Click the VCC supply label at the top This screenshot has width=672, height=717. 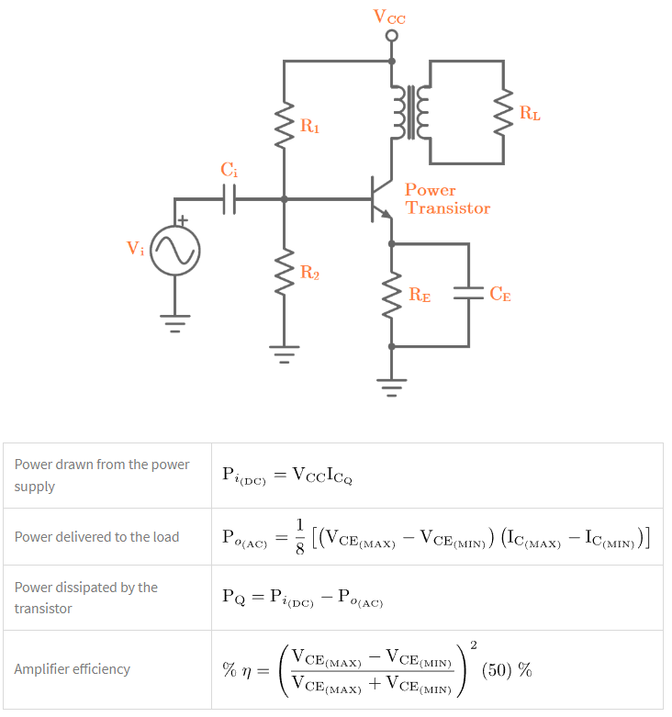point(389,17)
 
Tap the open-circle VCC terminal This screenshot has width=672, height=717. point(392,36)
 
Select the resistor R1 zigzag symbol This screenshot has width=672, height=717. point(285,125)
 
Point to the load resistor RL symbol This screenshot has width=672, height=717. point(503,112)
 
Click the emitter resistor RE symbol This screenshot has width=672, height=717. point(393,295)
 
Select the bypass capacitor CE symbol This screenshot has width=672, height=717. point(468,294)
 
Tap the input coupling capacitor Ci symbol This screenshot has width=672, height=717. point(230,198)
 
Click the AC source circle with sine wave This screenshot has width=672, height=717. point(174,250)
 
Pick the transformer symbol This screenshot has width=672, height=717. point(410,112)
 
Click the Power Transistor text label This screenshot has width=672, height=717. point(447,199)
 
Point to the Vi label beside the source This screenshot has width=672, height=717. point(135,249)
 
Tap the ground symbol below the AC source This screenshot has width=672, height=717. point(174,323)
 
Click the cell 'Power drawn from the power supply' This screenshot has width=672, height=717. point(106,475)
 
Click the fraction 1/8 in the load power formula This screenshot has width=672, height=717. point(299,536)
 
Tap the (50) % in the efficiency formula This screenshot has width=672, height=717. point(506,669)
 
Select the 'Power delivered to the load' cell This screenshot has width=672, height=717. point(96,536)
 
